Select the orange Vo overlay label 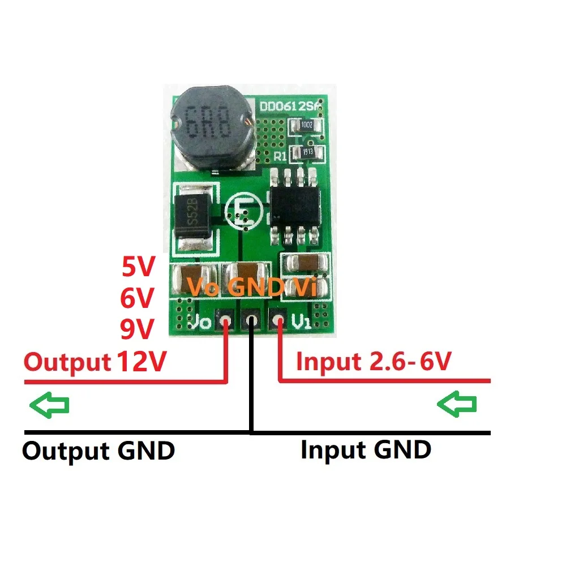[x=203, y=287]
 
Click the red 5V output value [x=138, y=267]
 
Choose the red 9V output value [x=138, y=328]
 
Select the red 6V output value [x=138, y=298]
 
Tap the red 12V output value [x=141, y=361]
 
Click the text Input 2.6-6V [x=374, y=361]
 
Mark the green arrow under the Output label [x=49, y=405]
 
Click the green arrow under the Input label [x=457, y=405]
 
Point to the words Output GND [x=98, y=451]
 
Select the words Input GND [x=366, y=450]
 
